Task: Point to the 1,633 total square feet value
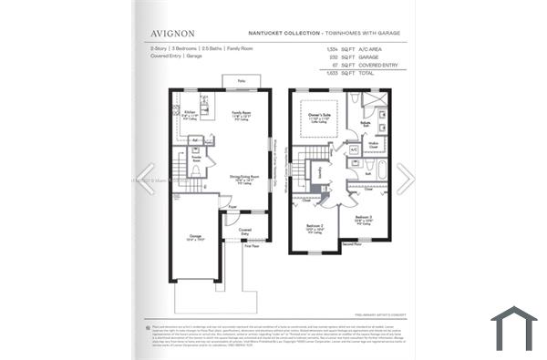335,74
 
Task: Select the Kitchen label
189,112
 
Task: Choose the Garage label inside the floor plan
195,237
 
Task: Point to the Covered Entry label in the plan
245,231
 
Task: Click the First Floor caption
252,246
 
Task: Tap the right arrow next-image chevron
405,179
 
